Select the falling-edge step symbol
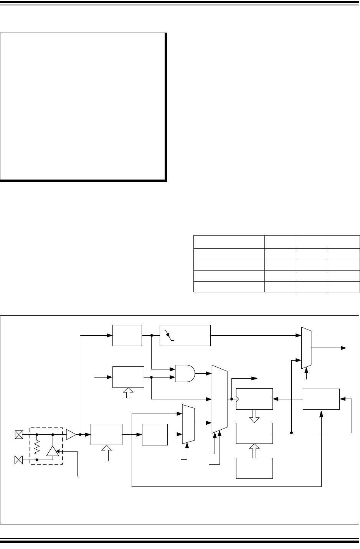169,335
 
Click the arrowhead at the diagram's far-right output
343,348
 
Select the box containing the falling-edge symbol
185,335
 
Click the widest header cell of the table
229,242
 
